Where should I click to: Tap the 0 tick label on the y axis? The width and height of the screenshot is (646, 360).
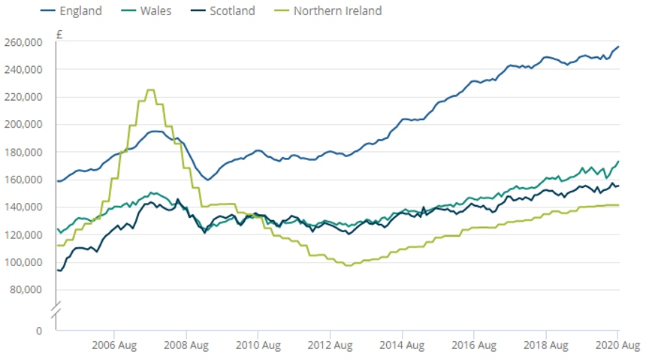click(x=38, y=331)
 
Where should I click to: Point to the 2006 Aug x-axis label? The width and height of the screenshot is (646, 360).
click(x=113, y=346)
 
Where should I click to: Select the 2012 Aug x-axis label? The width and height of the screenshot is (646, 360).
click(x=330, y=346)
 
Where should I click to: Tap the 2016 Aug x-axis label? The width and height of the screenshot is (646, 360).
click(x=473, y=346)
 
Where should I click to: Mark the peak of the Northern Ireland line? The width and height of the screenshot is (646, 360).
click(x=150, y=90)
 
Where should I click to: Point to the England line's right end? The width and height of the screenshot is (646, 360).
click(x=618, y=47)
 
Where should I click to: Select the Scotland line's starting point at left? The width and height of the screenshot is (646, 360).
click(x=57, y=270)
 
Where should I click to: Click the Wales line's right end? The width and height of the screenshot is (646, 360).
click(x=618, y=161)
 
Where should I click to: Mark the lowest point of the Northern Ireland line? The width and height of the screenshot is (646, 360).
click(x=348, y=265)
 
